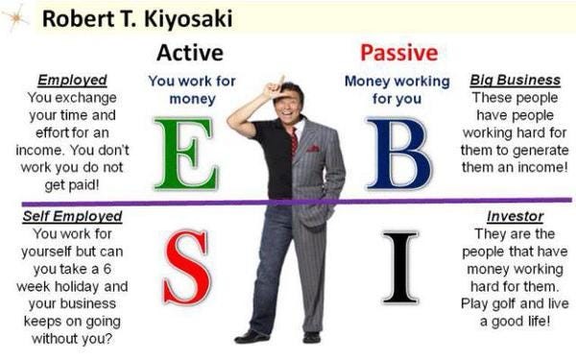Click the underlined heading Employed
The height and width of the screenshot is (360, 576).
[x=72, y=80]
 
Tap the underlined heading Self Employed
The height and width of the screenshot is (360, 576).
[x=72, y=216]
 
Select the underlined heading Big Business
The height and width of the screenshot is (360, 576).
[x=515, y=80]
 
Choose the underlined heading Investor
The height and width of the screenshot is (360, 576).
[x=515, y=216]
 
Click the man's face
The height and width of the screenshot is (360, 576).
[x=288, y=102]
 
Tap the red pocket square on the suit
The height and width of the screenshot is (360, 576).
[x=313, y=149]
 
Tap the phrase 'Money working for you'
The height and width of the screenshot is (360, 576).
[x=396, y=90]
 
